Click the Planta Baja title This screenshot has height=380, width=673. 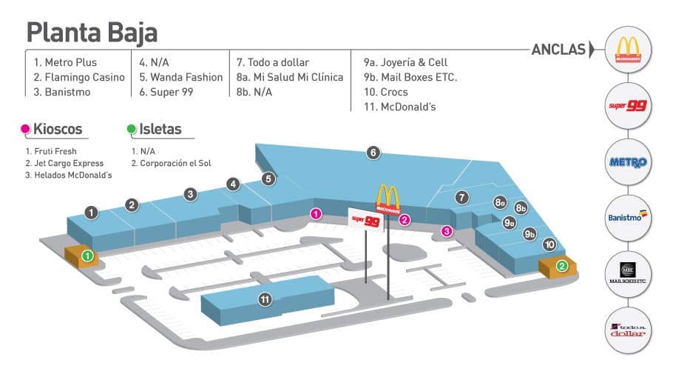[x=92, y=33]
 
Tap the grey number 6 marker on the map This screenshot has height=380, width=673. [x=373, y=153]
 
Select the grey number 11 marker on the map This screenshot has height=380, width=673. [x=264, y=299]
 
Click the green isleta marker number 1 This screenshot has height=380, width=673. [x=87, y=256]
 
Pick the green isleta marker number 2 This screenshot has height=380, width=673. [x=562, y=266]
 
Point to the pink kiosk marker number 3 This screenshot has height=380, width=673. [x=447, y=231]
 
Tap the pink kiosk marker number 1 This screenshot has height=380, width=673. [x=316, y=214]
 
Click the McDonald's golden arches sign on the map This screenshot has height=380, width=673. [x=388, y=199]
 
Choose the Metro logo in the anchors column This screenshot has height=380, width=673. [x=626, y=162]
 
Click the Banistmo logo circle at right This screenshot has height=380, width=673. [x=626, y=217]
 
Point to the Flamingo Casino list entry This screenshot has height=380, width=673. [x=79, y=77]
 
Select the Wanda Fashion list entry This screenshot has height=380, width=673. [x=180, y=77]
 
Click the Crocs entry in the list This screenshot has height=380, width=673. [x=385, y=92]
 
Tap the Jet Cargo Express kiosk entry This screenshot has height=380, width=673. [x=64, y=163]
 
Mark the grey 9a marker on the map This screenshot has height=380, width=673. [x=509, y=222]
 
